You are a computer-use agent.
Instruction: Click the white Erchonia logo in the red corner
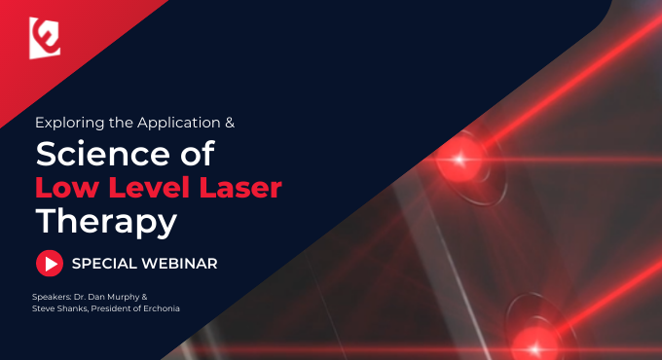coord(45,38)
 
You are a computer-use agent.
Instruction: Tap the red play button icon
coord(50,264)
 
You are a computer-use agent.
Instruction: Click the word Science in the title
coord(102,154)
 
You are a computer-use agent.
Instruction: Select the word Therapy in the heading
coord(106,222)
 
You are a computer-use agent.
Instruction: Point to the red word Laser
coord(240,188)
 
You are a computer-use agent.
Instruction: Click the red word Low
coord(68,188)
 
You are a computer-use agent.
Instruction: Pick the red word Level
coord(149,187)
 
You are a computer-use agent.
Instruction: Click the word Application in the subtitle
coord(178,123)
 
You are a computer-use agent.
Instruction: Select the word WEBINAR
coord(179,264)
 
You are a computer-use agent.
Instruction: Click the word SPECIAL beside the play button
coord(104,264)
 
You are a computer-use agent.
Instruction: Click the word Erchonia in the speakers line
coord(162,308)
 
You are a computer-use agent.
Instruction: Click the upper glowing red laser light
coord(460,160)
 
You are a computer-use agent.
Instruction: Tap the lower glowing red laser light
coord(535,348)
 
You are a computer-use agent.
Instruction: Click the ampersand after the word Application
coord(230,123)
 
